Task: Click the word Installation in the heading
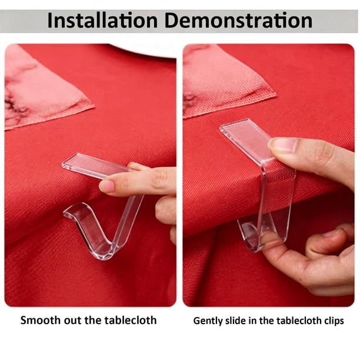(102, 21)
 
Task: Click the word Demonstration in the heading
(238, 21)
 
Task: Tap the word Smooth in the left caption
(41, 320)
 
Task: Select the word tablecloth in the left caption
(131, 320)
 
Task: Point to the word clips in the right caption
(334, 321)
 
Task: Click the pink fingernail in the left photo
(106, 185)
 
